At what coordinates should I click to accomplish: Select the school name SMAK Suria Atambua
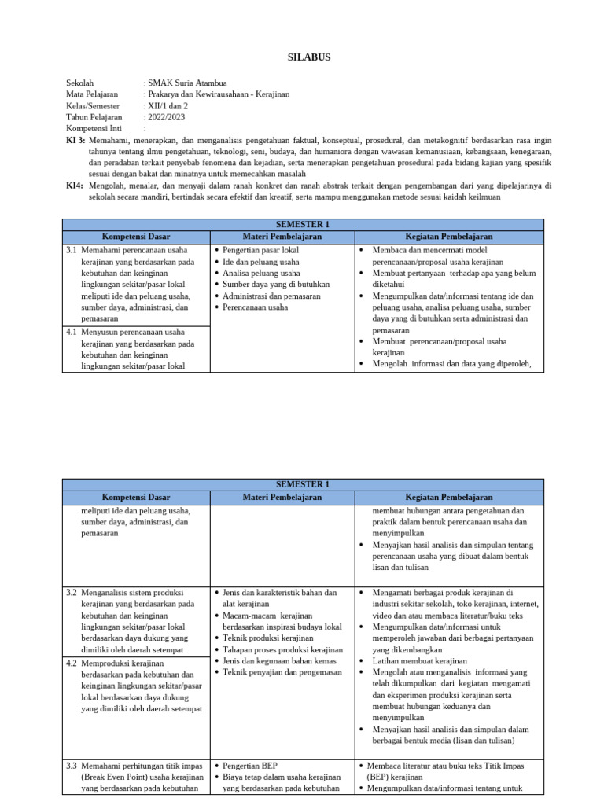[x=187, y=83]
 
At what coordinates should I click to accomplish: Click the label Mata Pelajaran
[x=93, y=94]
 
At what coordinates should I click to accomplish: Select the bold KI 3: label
[x=75, y=139]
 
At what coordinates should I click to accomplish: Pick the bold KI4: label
[x=75, y=186]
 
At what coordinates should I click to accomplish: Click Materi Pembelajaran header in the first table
[x=282, y=236]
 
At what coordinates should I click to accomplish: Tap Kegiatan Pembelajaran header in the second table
[x=448, y=497]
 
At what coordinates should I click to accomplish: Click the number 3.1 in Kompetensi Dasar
[x=72, y=250]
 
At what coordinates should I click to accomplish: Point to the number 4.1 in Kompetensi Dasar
[x=72, y=332]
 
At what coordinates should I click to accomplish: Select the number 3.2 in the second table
[x=72, y=592]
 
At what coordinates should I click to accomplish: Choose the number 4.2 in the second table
[x=72, y=663]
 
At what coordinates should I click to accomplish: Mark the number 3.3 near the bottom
[x=72, y=765]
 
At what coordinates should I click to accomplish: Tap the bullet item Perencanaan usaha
[x=255, y=307]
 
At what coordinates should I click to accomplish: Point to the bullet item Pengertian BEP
[x=250, y=765]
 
